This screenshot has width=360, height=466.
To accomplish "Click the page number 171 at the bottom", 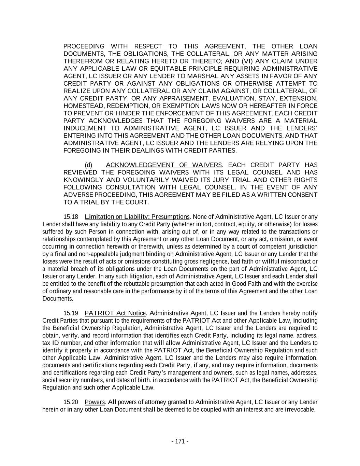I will (180, 441).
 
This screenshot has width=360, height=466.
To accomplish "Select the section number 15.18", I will (71, 217).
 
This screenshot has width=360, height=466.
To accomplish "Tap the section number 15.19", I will (71, 313).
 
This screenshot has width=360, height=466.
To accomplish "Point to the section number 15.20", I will (71, 402).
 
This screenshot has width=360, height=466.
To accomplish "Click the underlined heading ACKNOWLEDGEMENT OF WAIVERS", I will (164, 165).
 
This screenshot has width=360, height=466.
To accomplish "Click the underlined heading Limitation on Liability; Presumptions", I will (137, 217).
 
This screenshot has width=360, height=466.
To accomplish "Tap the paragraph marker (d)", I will (88, 165).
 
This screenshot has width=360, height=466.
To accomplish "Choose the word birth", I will (144, 380).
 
